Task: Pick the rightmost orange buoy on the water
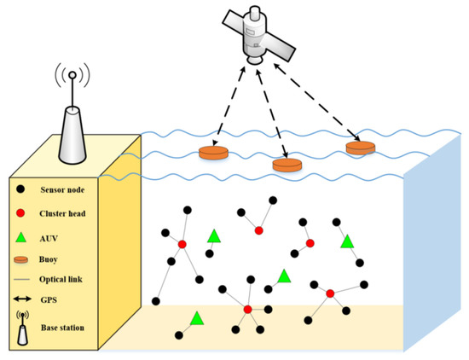click(x=361, y=148)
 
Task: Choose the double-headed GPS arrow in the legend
click(x=23, y=300)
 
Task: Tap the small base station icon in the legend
click(x=23, y=325)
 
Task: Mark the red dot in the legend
click(x=22, y=208)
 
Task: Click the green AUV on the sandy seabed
click(x=197, y=318)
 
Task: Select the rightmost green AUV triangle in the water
click(x=347, y=241)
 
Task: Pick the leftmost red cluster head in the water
click(x=182, y=246)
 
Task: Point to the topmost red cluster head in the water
click(x=258, y=230)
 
